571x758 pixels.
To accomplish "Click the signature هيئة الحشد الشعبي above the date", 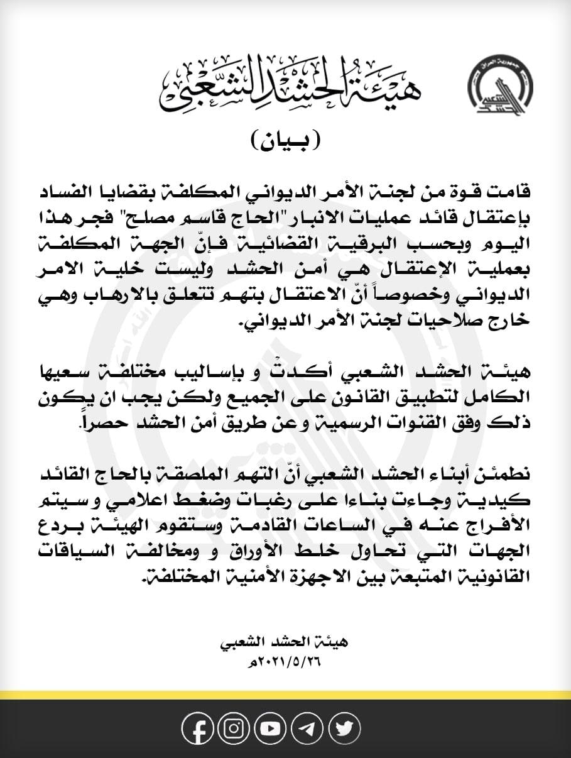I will click(285, 643).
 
